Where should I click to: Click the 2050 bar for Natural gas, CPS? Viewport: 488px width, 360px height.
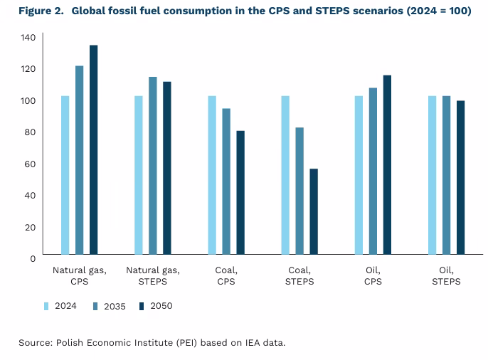coord(93,149)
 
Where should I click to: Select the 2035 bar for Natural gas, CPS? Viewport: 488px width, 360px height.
coord(79,160)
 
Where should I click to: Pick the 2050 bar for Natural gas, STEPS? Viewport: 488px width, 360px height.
coord(166,168)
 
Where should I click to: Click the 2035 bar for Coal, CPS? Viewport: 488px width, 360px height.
coord(226,181)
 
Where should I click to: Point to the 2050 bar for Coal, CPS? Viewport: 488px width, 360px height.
coord(240,192)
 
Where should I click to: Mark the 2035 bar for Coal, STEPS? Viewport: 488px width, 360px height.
coord(299,191)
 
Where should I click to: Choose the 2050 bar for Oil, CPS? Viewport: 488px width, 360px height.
coord(387,164)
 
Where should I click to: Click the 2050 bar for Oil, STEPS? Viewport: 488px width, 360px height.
coord(460,177)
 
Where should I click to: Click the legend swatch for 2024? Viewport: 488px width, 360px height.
coord(46,306)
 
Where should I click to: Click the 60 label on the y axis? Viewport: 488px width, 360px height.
coord(31,164)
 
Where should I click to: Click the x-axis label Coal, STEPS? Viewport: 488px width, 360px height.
coord(299,275)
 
